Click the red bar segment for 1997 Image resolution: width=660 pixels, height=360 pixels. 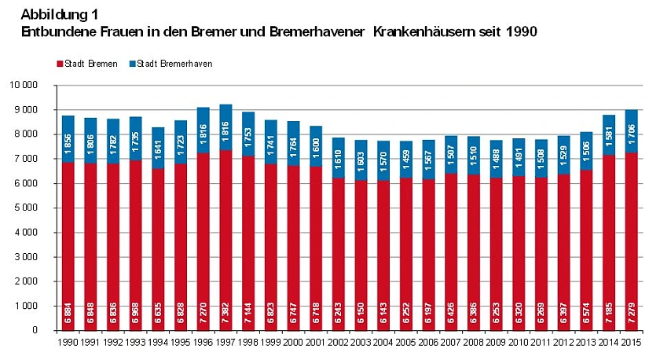225,236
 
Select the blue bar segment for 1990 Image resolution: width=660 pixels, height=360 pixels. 68,138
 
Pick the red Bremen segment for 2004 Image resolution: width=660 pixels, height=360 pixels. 383,252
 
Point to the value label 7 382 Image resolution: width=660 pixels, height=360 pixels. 226,311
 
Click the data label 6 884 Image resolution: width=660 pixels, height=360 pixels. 69,311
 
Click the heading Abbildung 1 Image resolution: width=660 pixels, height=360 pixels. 60,15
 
